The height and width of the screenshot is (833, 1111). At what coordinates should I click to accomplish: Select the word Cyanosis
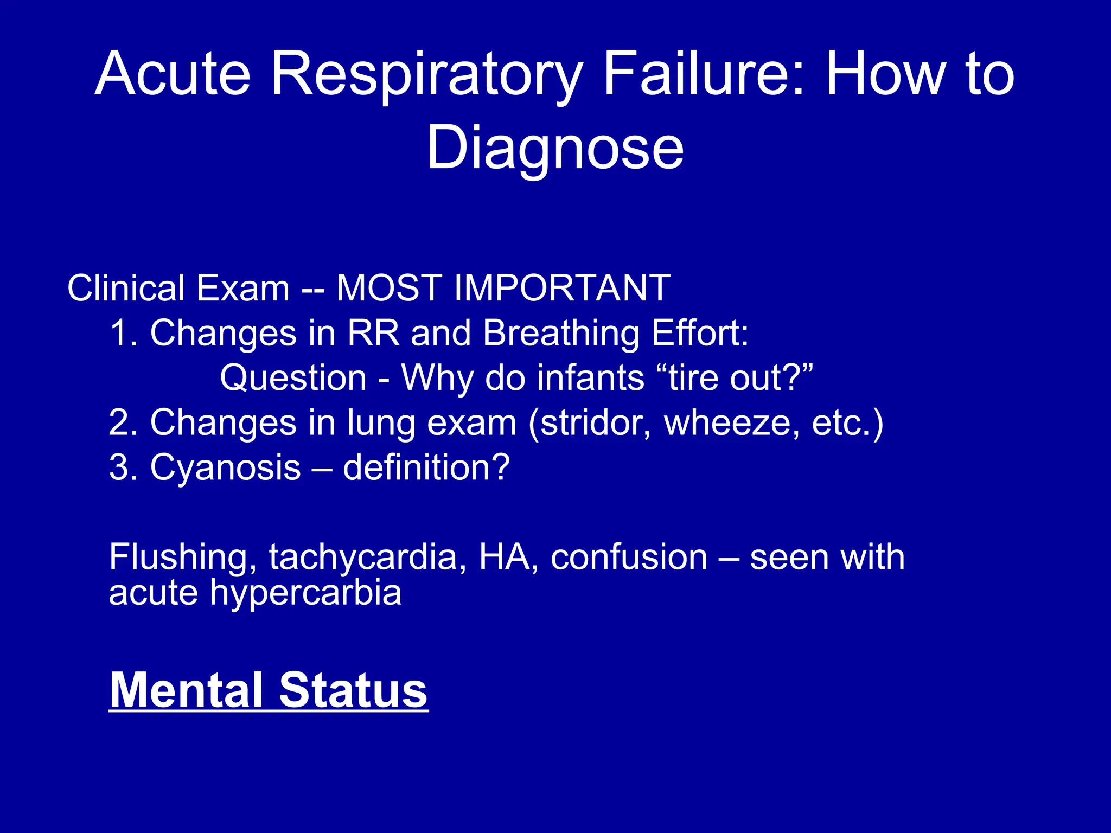(x=225, y=467)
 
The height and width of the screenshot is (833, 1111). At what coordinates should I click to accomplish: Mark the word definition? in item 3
(x=426, y=467)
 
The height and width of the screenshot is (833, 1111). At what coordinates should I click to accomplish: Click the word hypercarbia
(x=305, y=592)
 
